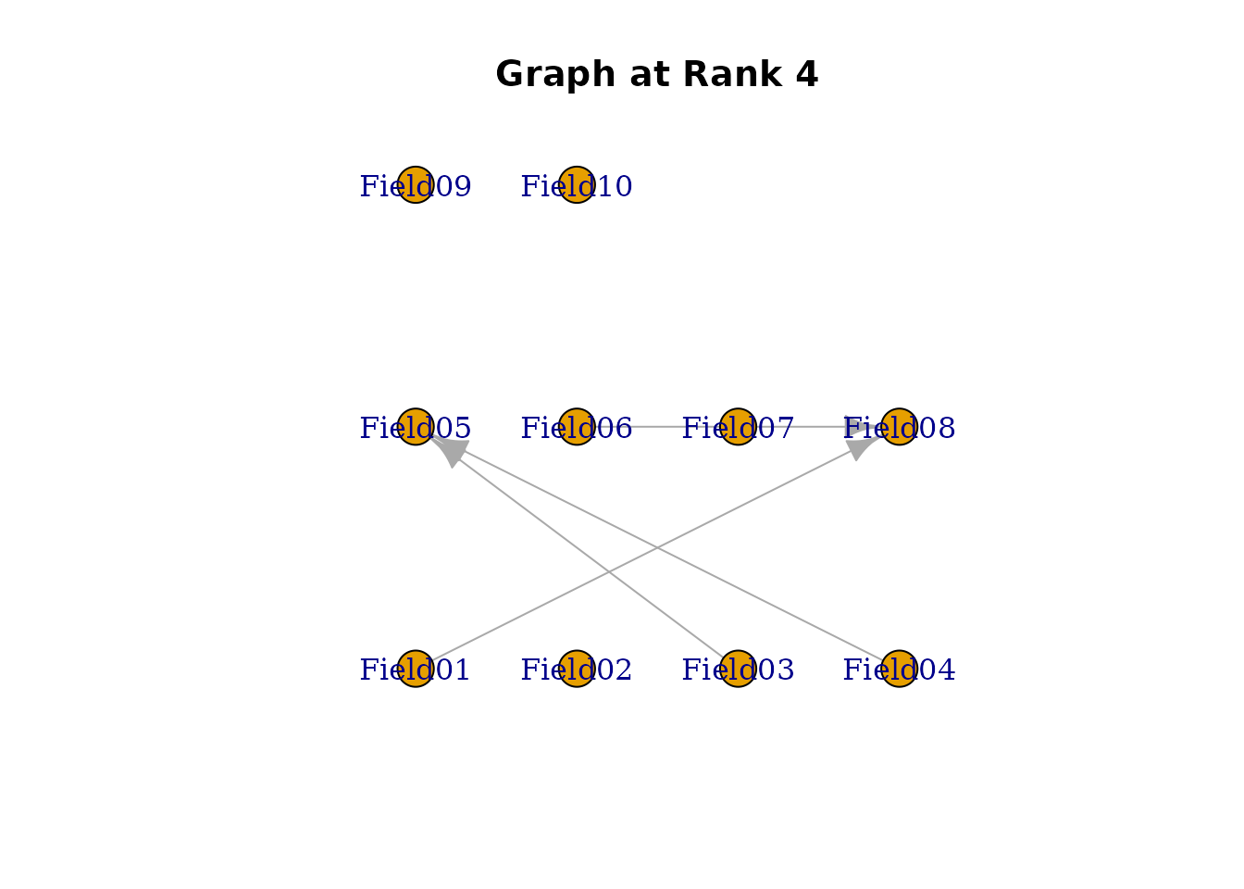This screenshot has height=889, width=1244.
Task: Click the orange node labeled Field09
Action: click(416, 184)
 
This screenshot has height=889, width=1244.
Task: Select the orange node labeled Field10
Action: click(577, 184)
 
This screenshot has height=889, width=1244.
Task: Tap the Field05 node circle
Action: click(416, 427)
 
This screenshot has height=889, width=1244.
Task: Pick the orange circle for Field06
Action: click(577, 427)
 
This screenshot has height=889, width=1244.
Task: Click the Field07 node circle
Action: click(738, 427)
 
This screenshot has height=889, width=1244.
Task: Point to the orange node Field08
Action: click(899, 427)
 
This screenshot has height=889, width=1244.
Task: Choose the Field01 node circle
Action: click(416, 669)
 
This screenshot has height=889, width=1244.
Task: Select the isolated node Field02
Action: click(577, 669)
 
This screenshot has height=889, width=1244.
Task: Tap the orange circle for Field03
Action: click(738, 669)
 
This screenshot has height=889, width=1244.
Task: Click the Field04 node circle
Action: click(899, 669)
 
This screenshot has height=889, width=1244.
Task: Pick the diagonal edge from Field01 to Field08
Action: click(537, 607)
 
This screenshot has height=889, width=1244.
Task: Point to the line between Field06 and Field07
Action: click(657, 427)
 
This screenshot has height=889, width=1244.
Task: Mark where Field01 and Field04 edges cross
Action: click(657, 548)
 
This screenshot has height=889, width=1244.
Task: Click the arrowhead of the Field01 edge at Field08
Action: click(860, 447)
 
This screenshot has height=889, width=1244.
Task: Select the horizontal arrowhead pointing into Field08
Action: click(859, 427)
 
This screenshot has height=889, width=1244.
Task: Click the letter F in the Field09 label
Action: click(367, 186)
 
